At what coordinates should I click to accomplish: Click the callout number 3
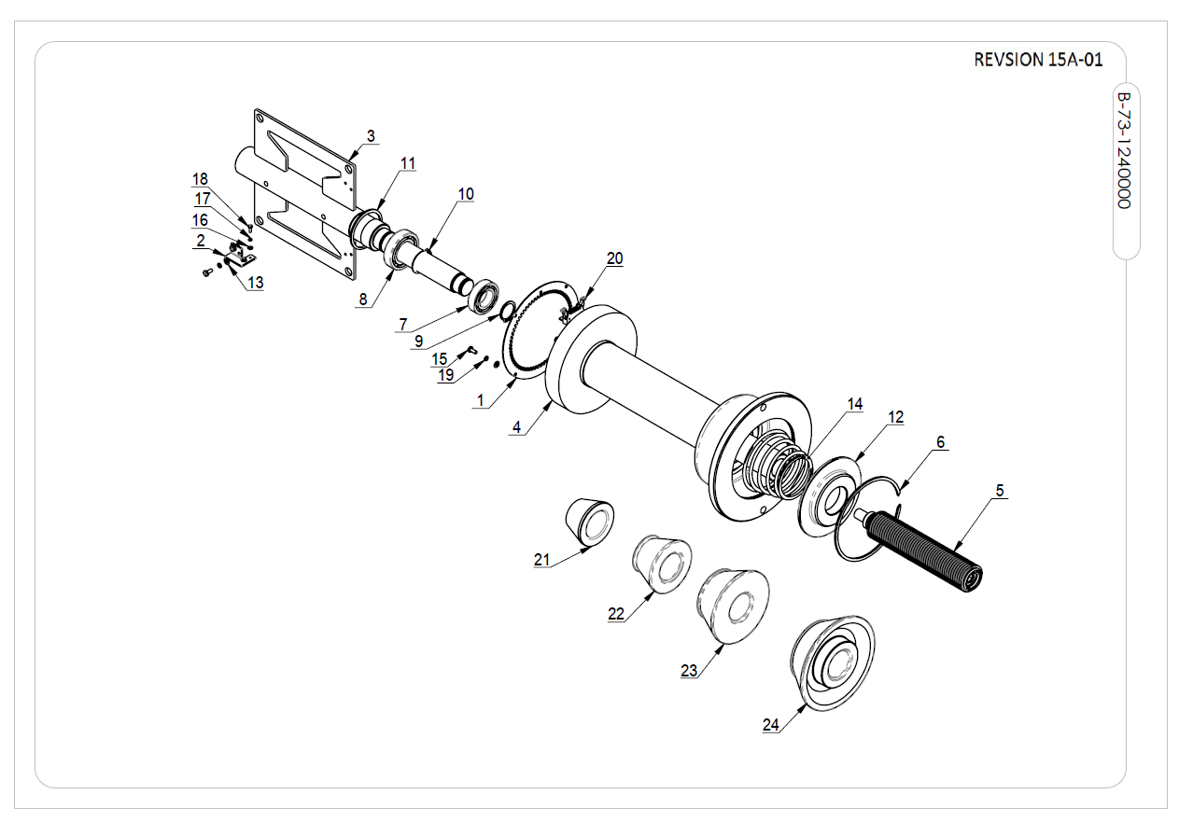coord(371,136)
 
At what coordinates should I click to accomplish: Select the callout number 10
coord(466,194)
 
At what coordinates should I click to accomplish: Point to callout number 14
coord(855,404)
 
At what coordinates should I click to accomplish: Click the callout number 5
coord(999,489)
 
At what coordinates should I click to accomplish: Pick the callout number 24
coord(770,724)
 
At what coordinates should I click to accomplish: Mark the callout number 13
coord(255,283)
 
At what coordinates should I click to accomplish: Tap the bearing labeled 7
coord(485,299)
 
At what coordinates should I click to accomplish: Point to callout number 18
coord(201,179)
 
